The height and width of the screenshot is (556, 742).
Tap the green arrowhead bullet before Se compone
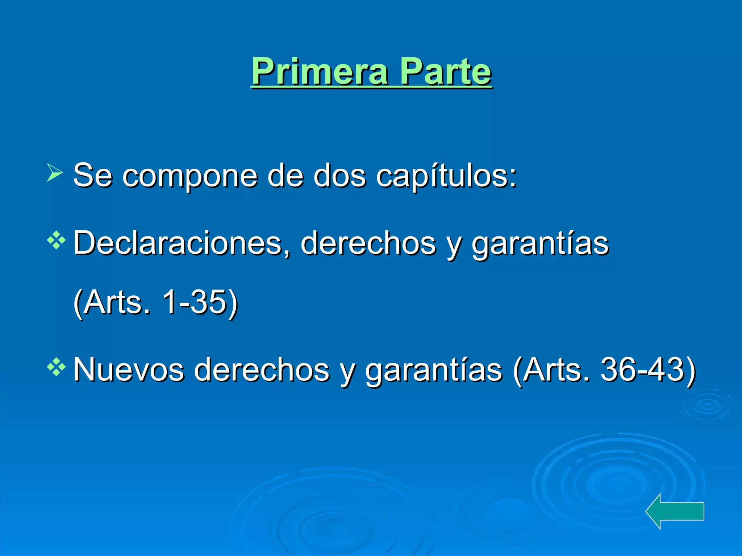(55, 172)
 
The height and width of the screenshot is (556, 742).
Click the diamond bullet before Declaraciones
(56, 240)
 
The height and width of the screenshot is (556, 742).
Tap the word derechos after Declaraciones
(368, 243)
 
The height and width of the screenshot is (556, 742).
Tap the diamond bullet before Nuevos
(56, 367)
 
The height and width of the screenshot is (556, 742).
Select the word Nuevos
(129, 370)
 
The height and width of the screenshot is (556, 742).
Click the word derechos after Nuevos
(262, 370)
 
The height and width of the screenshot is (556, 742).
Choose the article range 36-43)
(648, 370)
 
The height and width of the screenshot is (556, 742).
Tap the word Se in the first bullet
(93, 176)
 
